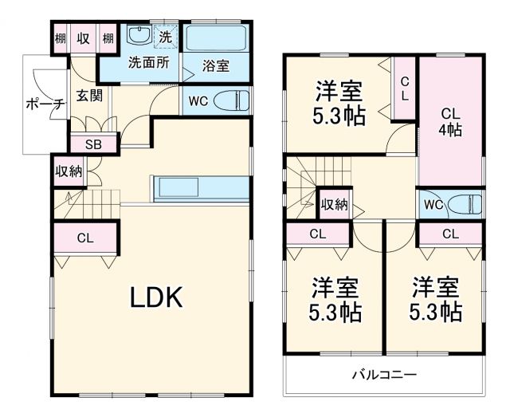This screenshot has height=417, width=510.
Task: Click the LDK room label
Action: pos(157,297)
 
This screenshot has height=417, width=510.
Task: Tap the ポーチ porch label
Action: pos(44,104)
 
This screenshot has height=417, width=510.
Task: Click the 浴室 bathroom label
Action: pos(215,65)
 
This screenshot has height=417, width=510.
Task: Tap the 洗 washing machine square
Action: pos(165,36)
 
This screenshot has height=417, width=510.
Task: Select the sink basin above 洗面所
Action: pos(139,36)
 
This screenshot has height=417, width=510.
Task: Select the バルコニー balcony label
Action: pos(386,374)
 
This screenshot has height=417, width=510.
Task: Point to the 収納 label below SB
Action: pos(69,171)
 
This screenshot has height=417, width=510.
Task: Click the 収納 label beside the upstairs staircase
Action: pos(335,205)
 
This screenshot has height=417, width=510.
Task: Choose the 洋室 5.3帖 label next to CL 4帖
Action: pos(339,104)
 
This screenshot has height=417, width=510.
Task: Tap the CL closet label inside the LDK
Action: pos(84,238)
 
